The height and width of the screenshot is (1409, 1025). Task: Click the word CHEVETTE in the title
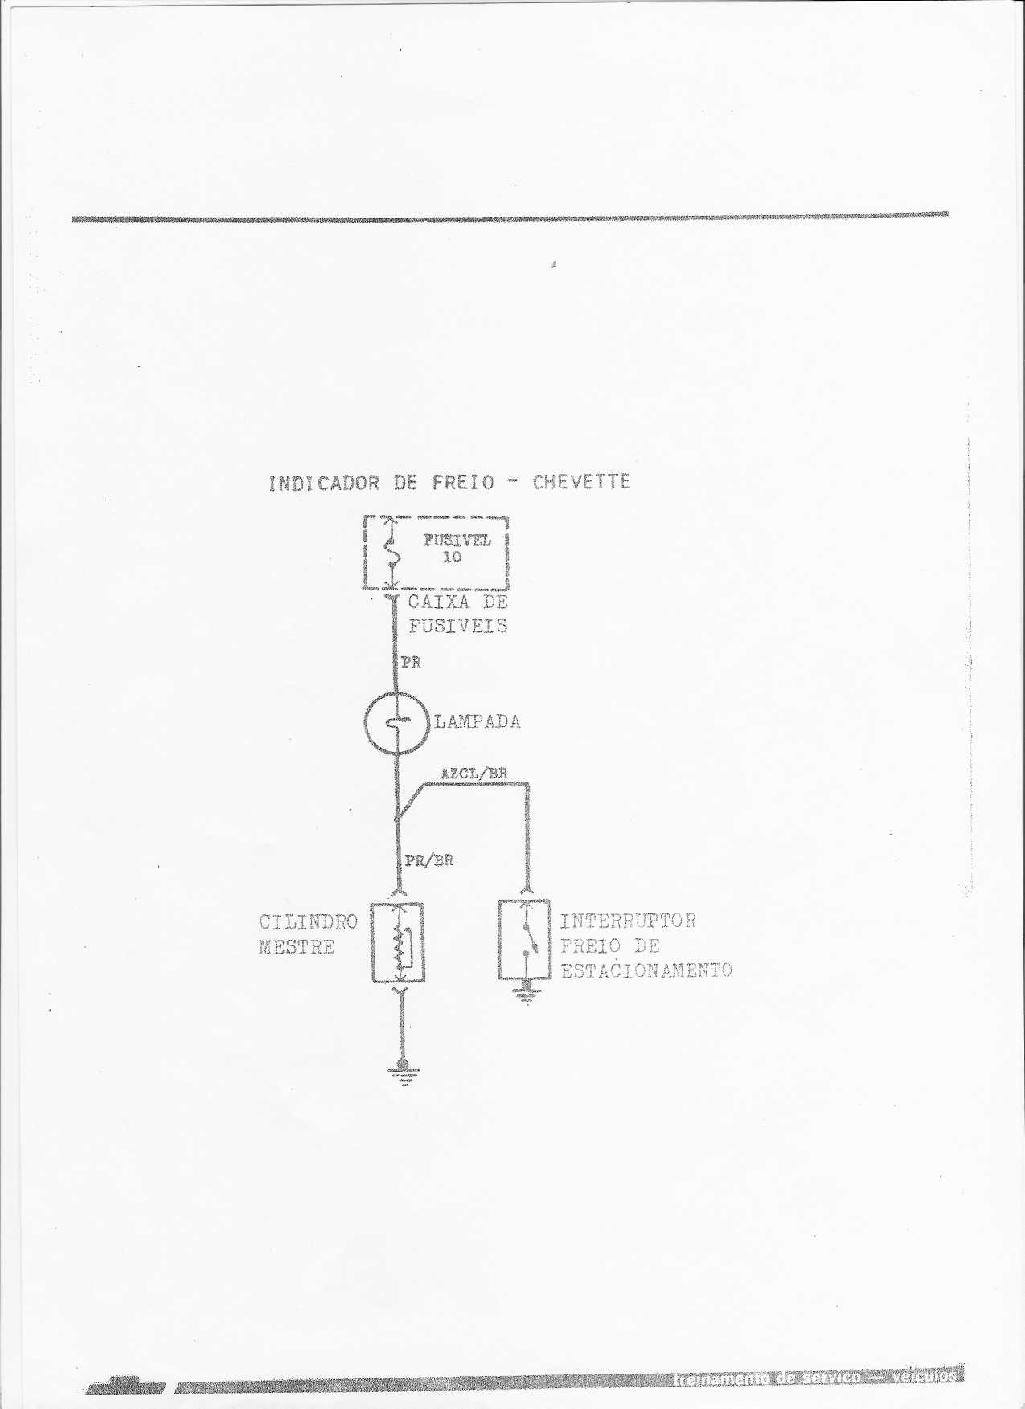click(581, 482)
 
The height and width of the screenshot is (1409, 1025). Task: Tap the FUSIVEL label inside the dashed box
click(457, 540)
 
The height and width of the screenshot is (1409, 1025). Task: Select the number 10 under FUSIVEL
click(453, 557)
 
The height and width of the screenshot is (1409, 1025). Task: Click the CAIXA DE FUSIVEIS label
click(458, 614)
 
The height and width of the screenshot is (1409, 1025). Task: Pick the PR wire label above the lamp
click(412, 663)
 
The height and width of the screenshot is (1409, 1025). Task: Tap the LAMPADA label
click(478, 721)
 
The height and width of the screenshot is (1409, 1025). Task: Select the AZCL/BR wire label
click(474, 774)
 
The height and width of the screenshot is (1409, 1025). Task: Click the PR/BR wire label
click(428, 860)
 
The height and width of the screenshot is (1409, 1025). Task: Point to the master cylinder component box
click(398, 943)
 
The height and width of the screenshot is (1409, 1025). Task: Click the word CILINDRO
click(308, 921)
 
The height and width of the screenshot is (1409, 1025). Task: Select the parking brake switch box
click(524, 940)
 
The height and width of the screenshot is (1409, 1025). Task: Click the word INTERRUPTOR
click(628, 921)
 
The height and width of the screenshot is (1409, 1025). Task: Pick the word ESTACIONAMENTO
click(646, 970)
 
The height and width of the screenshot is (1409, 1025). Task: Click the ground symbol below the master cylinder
click(403, 1073)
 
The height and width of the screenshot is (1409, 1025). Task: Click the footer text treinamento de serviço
click(768, 1378)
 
